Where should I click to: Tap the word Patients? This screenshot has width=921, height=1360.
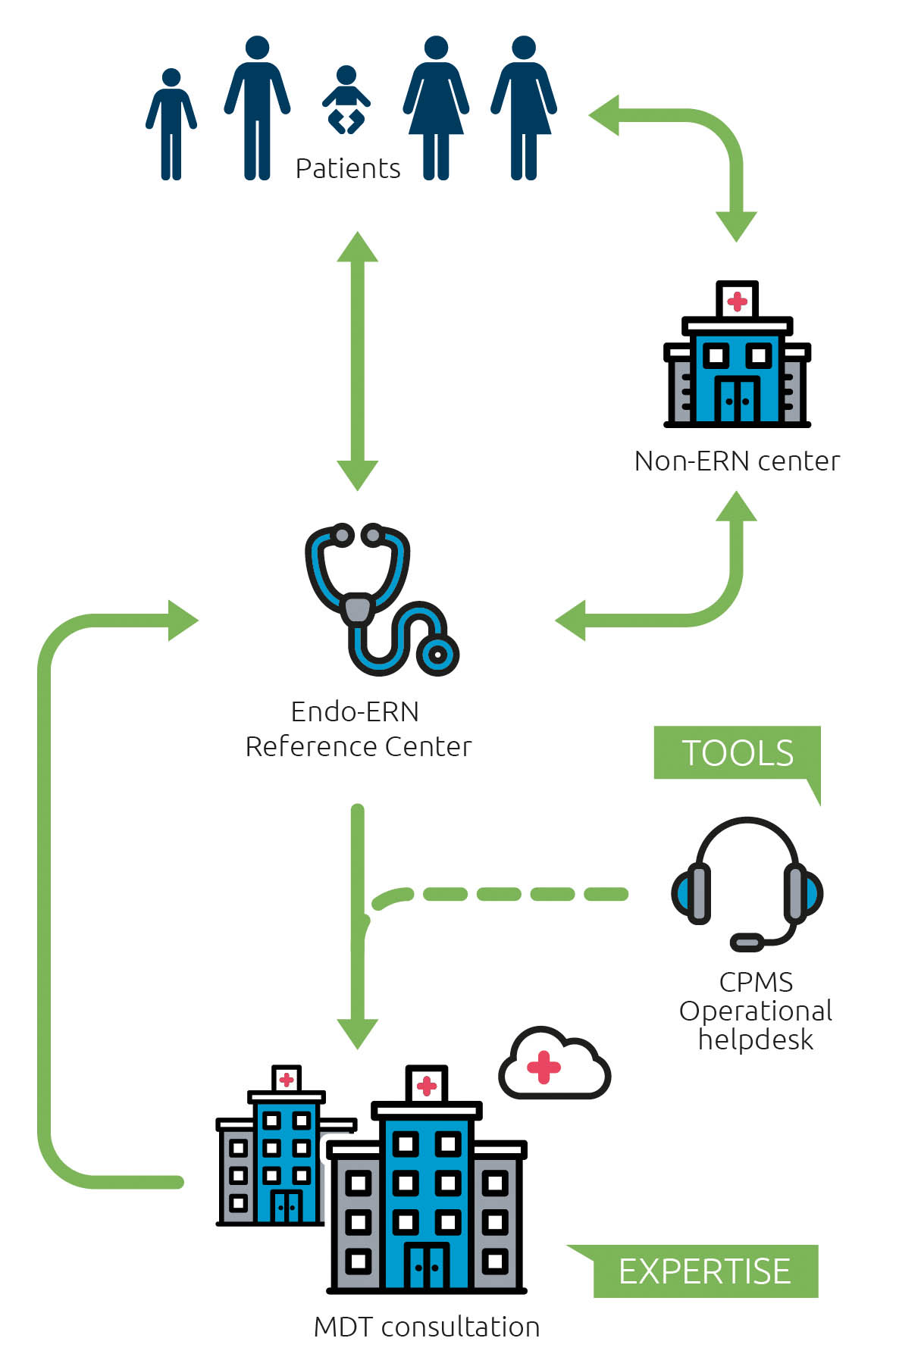click(x=347, y=168)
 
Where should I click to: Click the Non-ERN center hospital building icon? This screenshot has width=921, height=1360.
click(x=737, y=356)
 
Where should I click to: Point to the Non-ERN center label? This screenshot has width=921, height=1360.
click(x=737, y=461)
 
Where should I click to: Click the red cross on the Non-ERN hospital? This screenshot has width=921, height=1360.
click(x=737, y=302)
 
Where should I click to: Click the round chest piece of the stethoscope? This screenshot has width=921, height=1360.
click(x=437, y=653)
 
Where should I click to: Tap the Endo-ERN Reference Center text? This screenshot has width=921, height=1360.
click(x=358, y=729)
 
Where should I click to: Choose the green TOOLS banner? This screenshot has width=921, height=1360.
click(x=737, y=752)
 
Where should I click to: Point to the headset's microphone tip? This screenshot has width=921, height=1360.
click(x=746, y=943)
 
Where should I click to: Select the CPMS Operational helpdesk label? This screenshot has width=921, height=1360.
click(x=755, y=1011)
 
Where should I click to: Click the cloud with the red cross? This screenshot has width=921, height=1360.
click(x=553, y=1065)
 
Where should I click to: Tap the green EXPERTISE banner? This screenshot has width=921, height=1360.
click(x=705, y=1271)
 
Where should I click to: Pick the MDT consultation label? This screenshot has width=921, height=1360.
click(x=427, y=1327)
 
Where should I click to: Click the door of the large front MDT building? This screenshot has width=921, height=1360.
click(x=427, y=1267)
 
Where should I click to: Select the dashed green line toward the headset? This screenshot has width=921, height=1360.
click(x=515, y=894)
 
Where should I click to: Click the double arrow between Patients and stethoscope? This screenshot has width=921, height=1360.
click(x=358, y=361)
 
